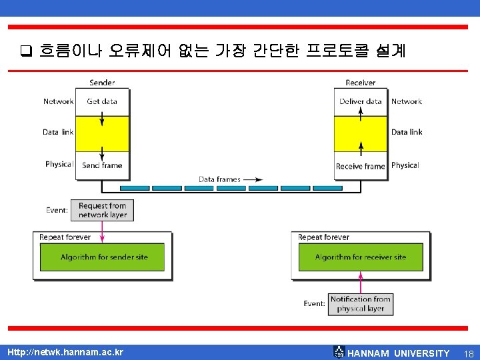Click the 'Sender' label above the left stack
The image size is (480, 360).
click(102, 83)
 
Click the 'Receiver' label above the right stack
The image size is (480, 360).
click(360, 83)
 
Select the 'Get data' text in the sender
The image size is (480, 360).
click(102, 101)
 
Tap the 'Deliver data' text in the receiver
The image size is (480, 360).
click(361, 101)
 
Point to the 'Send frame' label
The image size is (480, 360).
click(102, 165)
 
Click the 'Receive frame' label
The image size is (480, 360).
click(361, 166)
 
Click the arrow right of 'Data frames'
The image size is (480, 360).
click(253, 179)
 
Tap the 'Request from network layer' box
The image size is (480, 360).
click(103, 210)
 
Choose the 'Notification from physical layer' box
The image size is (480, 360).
click(360, 304)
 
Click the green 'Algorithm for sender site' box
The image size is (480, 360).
click(103, 257)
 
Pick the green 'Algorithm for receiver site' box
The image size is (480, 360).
click(360, 257)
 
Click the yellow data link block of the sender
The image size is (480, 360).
click(102, 133)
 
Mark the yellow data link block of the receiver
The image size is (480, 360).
click(361, 133)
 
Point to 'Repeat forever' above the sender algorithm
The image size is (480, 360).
click(65, 237)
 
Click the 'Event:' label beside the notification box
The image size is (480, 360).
click(315, 303)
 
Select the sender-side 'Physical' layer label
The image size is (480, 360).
click(59, 164)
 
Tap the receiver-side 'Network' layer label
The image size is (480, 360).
click(407, 101)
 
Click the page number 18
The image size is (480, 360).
click(469, 353)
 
